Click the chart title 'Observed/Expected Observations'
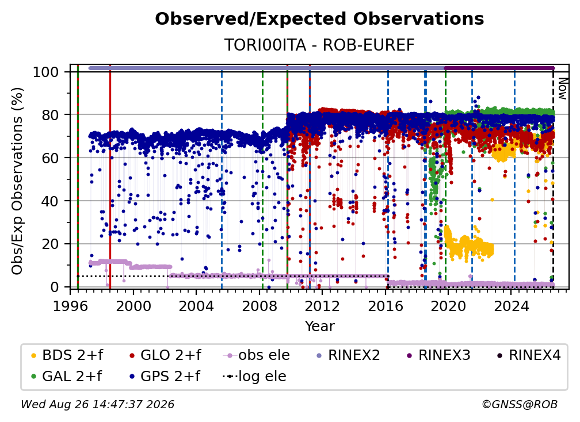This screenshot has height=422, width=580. point(319,19)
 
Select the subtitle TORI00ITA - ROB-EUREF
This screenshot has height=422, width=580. point(319,45)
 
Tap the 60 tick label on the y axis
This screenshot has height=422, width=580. point(50,158)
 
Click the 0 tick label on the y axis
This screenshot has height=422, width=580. point(55,287)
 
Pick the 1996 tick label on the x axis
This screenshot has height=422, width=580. point(70,306)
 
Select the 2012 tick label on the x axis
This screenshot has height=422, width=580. point(322,306)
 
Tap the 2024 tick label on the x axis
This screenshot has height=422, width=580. point(511,306)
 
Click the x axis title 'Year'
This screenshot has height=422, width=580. point(319,327)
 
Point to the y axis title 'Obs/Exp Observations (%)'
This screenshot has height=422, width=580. point(17,181)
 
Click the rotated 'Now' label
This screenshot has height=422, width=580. point(562,89)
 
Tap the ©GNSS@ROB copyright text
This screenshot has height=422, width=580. point(520,404)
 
